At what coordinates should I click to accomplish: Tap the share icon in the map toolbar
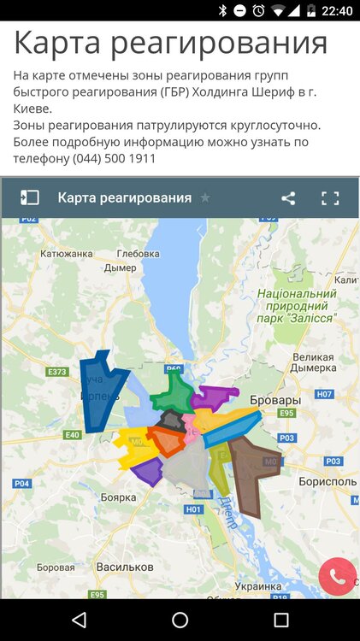pos(288,198)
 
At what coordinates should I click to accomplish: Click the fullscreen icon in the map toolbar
pos(330,198)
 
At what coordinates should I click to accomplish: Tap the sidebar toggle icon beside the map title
pos(30,198)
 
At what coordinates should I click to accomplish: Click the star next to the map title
pos(205,198)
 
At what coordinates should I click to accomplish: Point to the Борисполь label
pos(327,482)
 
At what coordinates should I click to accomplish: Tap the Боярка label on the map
pos(119,497)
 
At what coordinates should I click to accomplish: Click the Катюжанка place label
pos(65,253)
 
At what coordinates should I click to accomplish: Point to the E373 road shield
pos(57,372)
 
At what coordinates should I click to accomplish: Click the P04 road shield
pos(22,484)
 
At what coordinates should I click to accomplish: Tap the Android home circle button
pos(180,620)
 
